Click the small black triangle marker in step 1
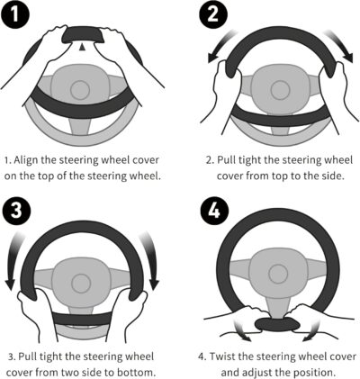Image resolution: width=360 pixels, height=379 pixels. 84,46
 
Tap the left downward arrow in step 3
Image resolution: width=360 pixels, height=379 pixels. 12,266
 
